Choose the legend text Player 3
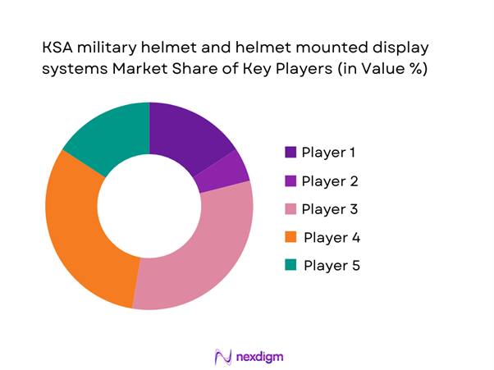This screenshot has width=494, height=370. (330, 209)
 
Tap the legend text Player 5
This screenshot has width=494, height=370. (332, 266)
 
